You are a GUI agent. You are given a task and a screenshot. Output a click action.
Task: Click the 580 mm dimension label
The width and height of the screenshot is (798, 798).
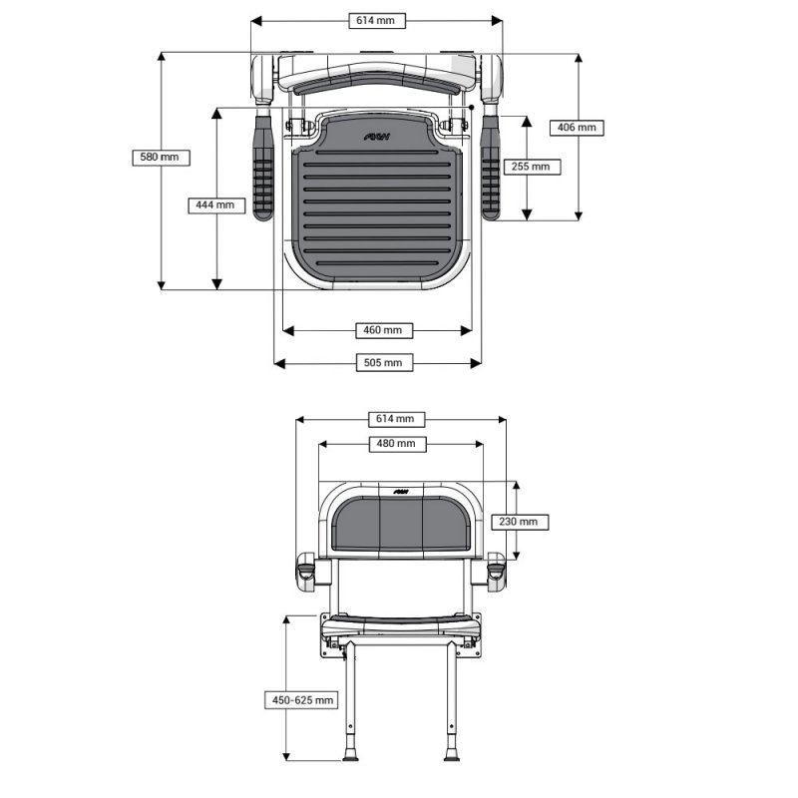pos(161,158)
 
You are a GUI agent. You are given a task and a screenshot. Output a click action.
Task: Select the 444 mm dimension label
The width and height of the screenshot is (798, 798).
pos(216,205)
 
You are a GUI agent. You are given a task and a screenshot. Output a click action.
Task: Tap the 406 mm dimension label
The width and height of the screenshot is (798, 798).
pos(577,128)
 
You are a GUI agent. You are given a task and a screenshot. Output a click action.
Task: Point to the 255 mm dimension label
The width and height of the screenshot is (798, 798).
pos(532,167)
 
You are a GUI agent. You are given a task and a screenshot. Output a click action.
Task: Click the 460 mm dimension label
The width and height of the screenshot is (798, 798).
pos(384,330)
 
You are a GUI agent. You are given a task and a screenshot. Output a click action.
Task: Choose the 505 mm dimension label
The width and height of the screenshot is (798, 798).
pos(384,363)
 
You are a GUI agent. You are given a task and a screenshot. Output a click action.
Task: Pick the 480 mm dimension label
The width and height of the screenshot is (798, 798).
pos(397,444)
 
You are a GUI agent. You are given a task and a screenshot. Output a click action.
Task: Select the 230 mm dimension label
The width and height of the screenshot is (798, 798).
pos(520,522)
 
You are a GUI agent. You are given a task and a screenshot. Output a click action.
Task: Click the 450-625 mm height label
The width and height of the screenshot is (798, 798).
pos(301,700)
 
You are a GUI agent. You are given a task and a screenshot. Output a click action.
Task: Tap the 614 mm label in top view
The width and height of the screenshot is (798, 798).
pos(377,20)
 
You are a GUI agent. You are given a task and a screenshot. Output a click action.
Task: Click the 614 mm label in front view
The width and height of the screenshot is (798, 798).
pos(396,419)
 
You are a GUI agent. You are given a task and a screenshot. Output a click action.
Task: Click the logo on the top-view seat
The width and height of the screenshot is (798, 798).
pos(377,137)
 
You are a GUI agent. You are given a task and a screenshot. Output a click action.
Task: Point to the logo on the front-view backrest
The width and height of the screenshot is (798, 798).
pos(401,492)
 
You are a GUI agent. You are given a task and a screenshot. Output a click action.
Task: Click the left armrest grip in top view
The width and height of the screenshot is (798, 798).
pos(262,168)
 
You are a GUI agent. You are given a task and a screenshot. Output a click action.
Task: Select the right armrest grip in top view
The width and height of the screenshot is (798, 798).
pos(491,168)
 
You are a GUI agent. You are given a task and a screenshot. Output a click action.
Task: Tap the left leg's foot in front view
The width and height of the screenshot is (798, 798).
pos(350,755)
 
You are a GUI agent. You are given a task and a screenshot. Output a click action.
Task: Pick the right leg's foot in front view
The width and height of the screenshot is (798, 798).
pos(452,755)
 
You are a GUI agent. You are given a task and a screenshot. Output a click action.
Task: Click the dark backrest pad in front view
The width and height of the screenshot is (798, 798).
pos(402,525)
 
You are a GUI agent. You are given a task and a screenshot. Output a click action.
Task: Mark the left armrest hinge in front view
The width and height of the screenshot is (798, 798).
pos(306,572)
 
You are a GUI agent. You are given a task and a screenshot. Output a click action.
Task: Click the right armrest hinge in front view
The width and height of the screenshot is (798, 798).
pos(496,572)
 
